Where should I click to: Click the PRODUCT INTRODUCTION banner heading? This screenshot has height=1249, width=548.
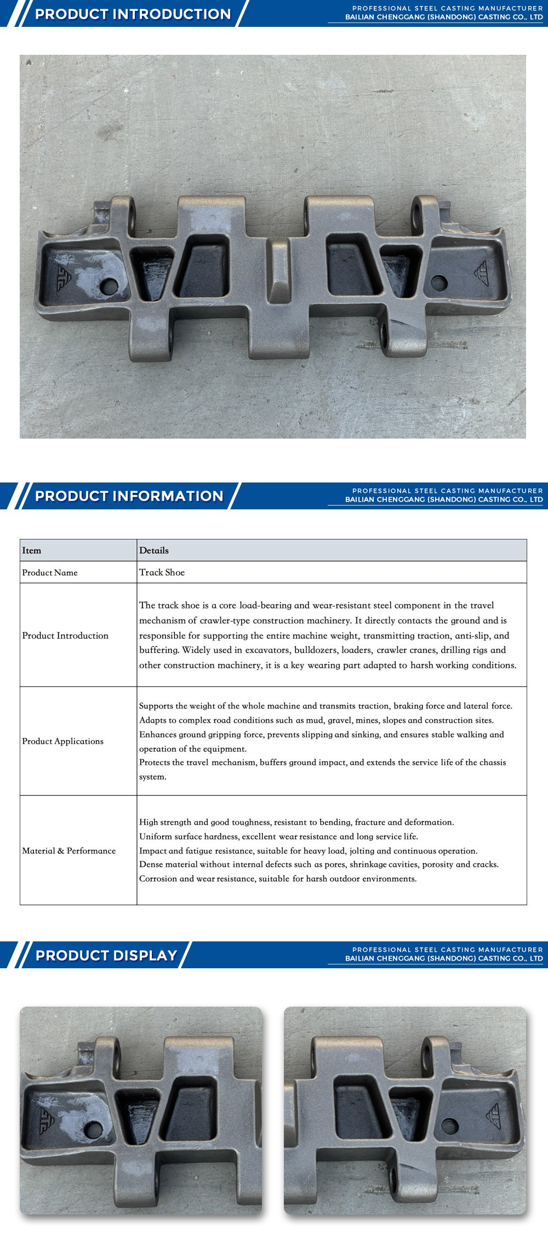tap(133, 14)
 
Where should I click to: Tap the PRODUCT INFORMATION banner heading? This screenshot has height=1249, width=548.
tap(129, 496)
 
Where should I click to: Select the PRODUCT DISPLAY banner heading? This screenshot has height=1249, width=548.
tap(106, 955)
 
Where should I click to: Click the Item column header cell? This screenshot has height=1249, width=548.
tap(32, 550)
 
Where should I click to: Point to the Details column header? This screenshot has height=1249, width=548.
tap(154, 550)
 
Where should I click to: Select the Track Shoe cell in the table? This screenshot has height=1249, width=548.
tap(162, 572)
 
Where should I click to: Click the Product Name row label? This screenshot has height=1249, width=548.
tap(50, 572)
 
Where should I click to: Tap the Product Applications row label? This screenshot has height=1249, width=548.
tap(62, 741)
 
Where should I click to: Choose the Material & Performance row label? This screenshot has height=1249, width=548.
tap(69, 851)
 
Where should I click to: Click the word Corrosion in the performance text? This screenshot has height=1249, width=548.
tap(158, 879)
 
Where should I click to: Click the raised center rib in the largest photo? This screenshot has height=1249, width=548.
tap(278, 269)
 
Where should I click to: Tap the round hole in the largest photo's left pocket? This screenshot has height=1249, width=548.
tap(109, 286)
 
